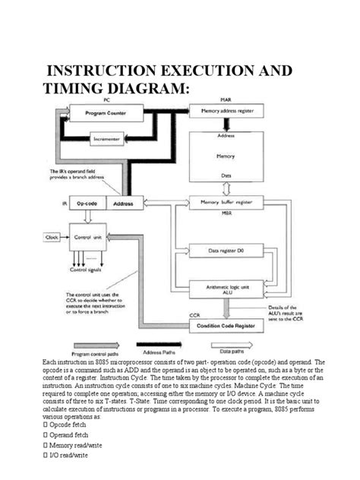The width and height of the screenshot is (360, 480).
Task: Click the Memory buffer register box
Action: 231,203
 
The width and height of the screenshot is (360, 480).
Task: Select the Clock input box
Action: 51,237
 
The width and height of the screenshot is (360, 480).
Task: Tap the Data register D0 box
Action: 231,249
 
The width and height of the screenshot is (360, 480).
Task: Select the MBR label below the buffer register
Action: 226,215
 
